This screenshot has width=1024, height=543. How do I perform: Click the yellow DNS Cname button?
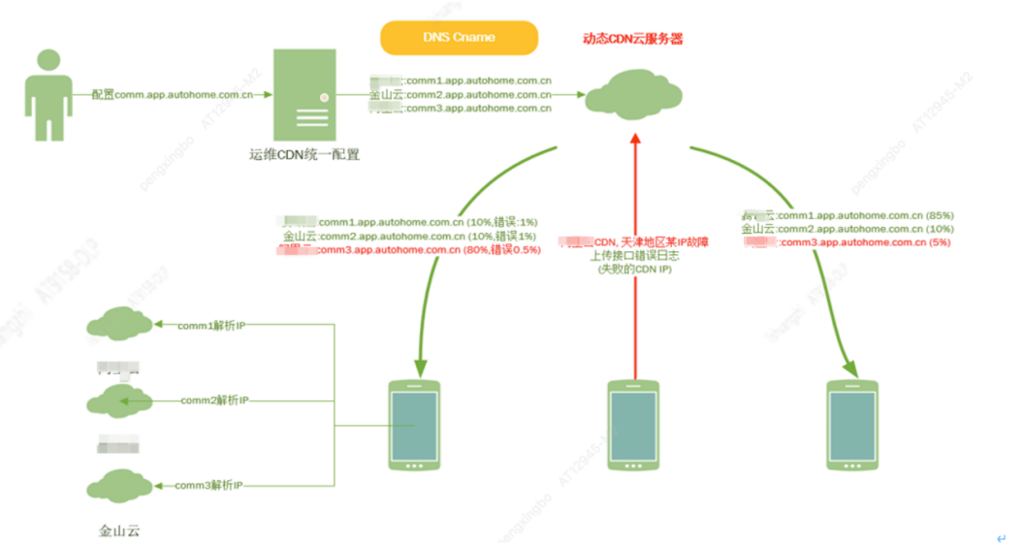coord(459,38)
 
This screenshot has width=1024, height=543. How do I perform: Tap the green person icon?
coord(45,96)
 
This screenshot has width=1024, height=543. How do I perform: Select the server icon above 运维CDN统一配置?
coord(304,96)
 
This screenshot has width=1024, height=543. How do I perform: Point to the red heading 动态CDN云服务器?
coord(632,39)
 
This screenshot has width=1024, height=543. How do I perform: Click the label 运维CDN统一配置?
coord(304,154)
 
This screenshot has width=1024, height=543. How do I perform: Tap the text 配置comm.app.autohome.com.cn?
coord(173,95)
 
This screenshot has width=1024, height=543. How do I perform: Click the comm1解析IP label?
coord(210,326)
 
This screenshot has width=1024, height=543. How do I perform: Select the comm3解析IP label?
coord(210,484)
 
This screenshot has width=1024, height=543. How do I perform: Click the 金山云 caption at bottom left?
coord(119,530)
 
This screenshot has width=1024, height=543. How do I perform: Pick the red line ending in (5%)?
coord(849,242)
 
